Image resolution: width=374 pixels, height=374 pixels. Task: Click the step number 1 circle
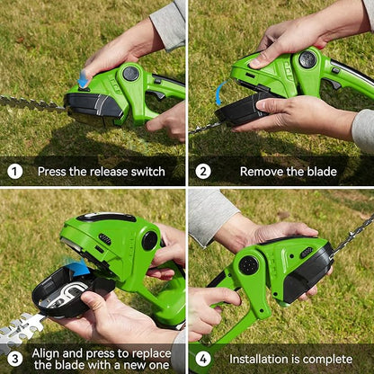tap(15, 171)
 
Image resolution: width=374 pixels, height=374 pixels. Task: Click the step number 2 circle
tap(204, 171)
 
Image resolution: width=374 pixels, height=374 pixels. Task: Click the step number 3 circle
tap(15, 358)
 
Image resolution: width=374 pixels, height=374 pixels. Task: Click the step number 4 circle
tap(204, 358)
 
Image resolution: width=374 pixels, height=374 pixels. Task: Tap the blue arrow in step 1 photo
tap(84, 80)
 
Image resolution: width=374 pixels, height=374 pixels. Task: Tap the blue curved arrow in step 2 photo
tap(218, 93)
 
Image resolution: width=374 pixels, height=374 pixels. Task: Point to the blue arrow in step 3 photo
tap(79, 267)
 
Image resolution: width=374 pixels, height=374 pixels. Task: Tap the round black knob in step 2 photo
tap(307, 60)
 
